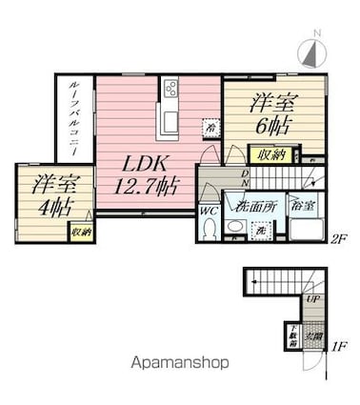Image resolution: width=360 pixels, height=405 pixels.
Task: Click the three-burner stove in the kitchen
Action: (x=170, y=89)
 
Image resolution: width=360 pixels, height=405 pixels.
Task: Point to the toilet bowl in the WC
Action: (x=210, y=230)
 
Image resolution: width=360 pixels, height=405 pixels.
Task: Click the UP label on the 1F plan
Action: (x=312, y=299)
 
